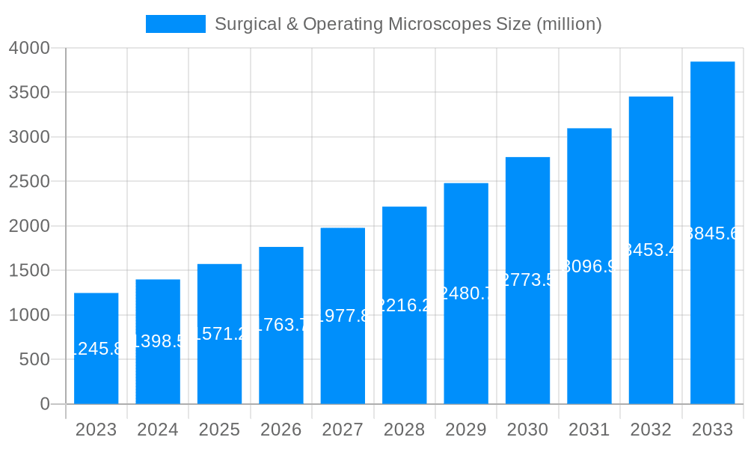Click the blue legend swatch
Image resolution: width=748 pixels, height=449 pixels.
175,24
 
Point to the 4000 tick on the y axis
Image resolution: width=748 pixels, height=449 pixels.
29,48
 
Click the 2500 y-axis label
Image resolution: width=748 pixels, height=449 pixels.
29,182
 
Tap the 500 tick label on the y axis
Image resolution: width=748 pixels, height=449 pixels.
34,360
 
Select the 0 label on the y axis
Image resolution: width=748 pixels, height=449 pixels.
45,404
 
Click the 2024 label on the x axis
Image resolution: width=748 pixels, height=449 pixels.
158,430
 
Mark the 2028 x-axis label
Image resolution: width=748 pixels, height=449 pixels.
404,430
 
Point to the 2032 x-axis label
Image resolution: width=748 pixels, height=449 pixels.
651,430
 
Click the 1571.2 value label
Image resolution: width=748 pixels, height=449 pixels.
219,334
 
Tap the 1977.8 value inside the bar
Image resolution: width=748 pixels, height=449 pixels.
343,316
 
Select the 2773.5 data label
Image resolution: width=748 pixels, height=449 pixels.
527,281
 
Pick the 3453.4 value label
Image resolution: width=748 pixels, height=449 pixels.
651,250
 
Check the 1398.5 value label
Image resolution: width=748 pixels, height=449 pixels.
158,341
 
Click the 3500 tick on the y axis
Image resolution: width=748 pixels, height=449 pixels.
29,93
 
